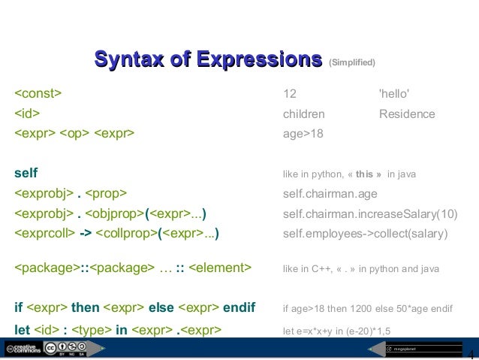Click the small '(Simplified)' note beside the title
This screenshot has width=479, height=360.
point(352,62)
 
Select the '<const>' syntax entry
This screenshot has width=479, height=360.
point(38,94)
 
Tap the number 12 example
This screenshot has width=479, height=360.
point(290,94)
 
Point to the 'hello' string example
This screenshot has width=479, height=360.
point(394,94)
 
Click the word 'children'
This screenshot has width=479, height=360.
point(303,114)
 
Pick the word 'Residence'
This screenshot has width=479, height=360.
point(407,114)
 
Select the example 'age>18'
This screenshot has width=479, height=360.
point(298,135)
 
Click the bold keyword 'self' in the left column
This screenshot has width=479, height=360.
point(26,174)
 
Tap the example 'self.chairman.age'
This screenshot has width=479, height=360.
point(330,193)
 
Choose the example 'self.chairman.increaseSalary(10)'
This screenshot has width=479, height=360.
point(369,213)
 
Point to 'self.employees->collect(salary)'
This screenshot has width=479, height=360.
point(365,234)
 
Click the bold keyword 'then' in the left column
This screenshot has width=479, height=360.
point(85,307)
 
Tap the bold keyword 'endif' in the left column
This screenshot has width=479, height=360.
point(239,307)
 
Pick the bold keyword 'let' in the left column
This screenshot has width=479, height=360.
point(22,328)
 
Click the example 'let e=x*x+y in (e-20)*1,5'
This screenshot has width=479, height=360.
point(336,329)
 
